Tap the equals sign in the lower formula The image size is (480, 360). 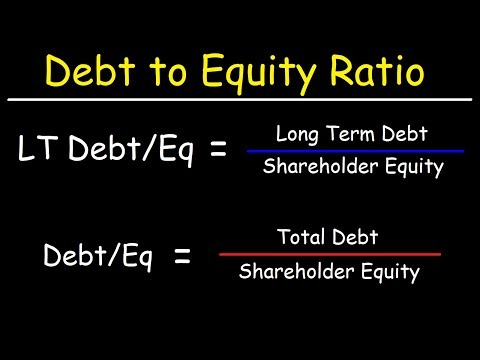point(182,257)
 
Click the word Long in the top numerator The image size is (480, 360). point(297,131)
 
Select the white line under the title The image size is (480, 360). point(240,100)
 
